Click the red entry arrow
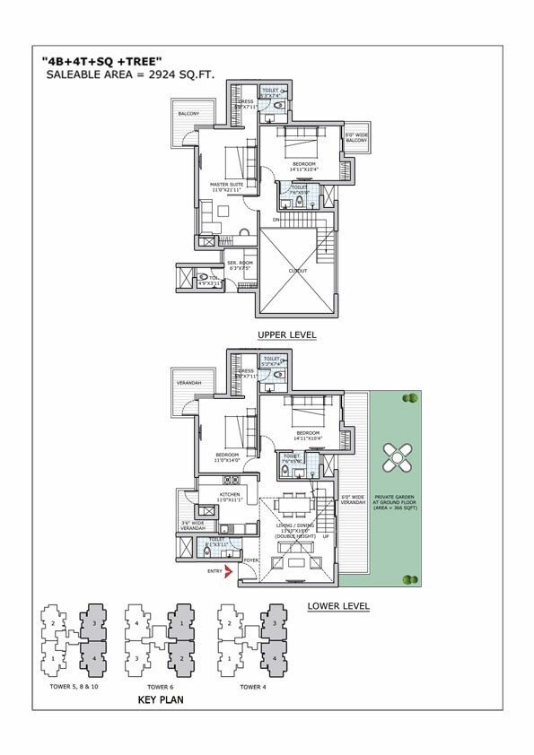coord(230,569)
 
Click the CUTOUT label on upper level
coord(298,271)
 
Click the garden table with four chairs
coord(396,459)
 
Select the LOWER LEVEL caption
coord(338,605)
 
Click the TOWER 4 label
coord(252,686)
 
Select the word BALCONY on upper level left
coord(188,114)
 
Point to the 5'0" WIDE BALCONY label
coord(357,138)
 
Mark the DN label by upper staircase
coord(277,218)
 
